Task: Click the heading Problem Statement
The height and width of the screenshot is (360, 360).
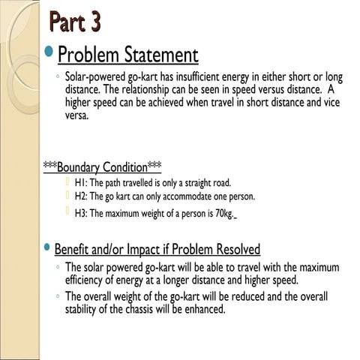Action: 127,55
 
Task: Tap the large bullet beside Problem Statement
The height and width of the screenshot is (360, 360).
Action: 49,53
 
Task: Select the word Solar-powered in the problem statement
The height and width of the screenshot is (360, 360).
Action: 94,77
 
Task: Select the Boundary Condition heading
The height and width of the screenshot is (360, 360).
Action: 103,166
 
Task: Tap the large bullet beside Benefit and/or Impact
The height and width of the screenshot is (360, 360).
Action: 49,248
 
